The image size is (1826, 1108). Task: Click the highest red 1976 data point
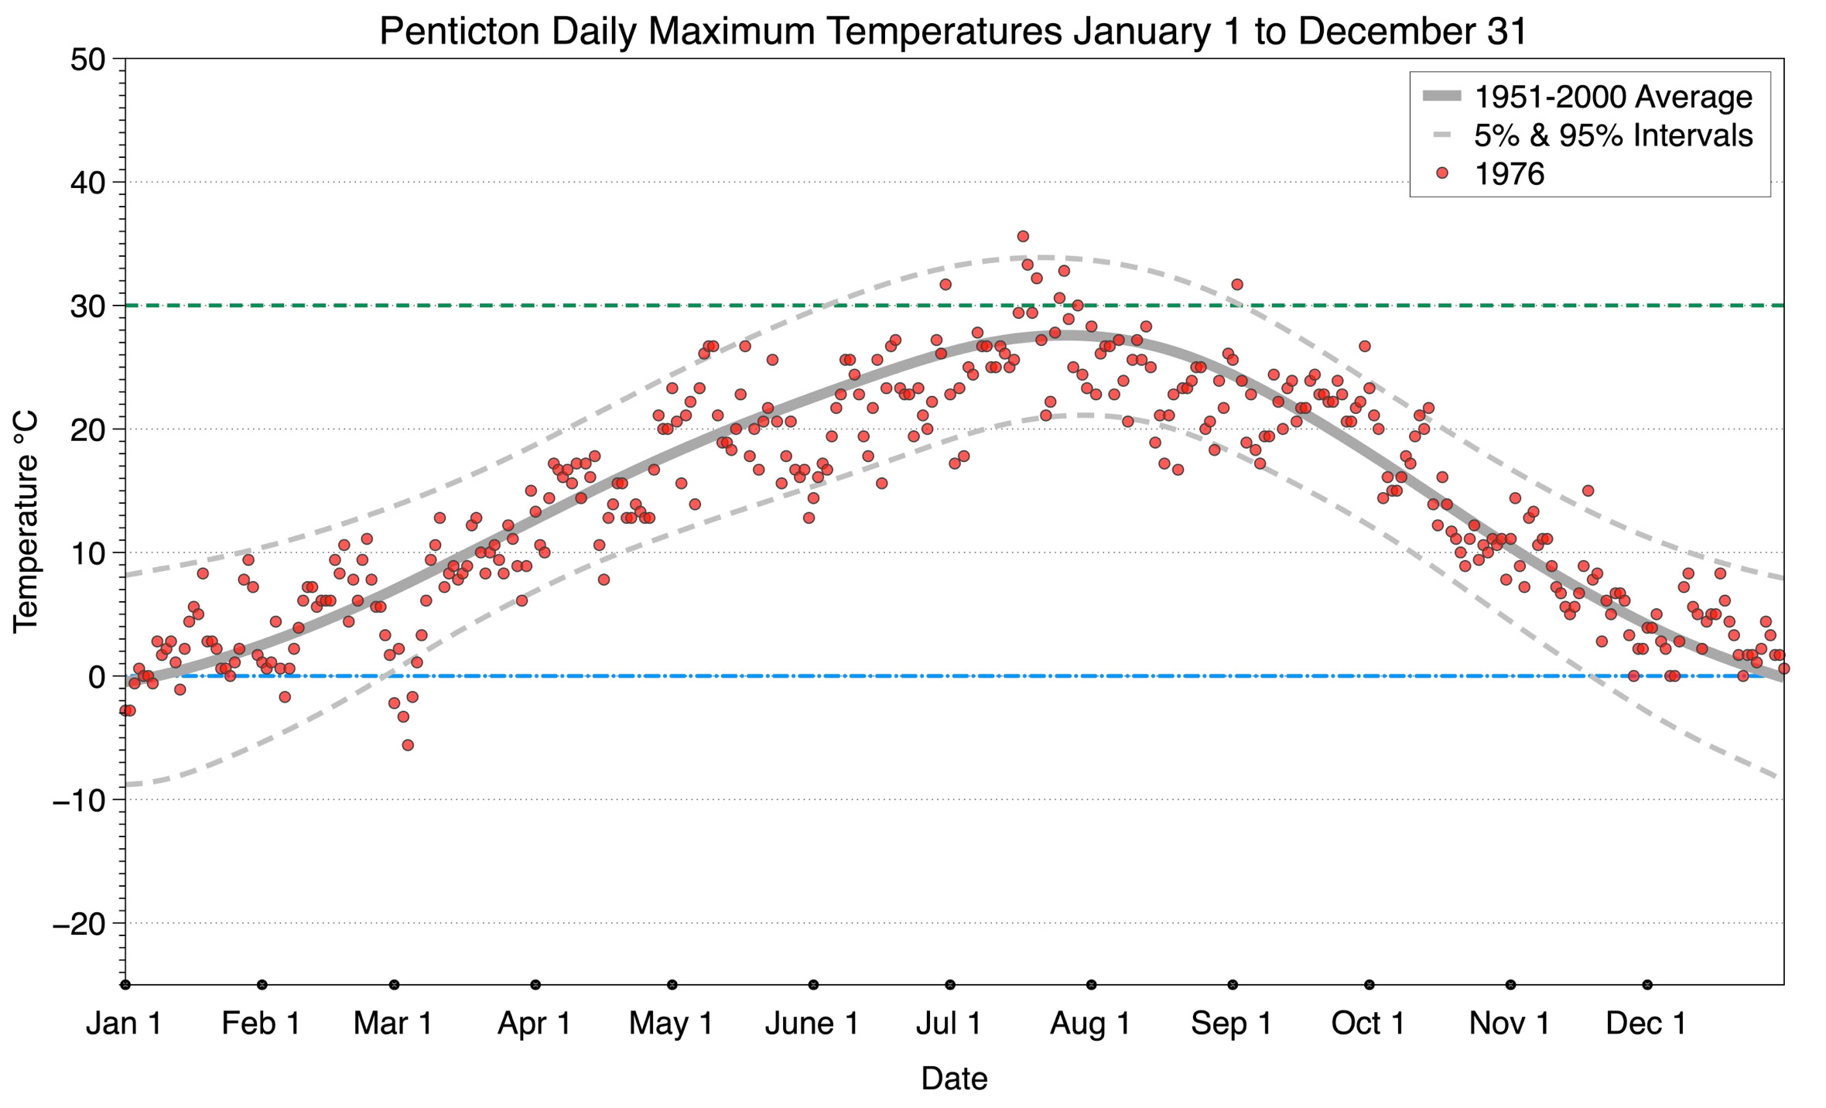1023,236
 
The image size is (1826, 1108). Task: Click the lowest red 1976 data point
408,745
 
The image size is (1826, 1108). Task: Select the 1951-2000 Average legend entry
1612,97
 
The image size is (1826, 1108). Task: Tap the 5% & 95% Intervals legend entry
1612,135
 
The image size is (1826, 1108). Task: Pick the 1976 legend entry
1509,174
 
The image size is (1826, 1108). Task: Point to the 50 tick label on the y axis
87,60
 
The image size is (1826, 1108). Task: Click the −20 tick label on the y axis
77,924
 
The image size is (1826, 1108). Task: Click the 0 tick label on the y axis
96,677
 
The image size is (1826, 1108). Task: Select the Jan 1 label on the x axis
124,1023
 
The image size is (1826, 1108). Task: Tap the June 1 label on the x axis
812,1023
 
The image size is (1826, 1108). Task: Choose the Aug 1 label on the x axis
1089,1023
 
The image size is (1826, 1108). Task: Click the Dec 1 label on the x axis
1646,1023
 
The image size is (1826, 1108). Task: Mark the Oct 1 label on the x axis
1367,1023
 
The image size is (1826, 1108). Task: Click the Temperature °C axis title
26,522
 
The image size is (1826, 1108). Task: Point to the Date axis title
954,1079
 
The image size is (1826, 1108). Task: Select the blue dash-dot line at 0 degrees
774,676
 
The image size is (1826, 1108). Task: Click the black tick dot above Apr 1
535,985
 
